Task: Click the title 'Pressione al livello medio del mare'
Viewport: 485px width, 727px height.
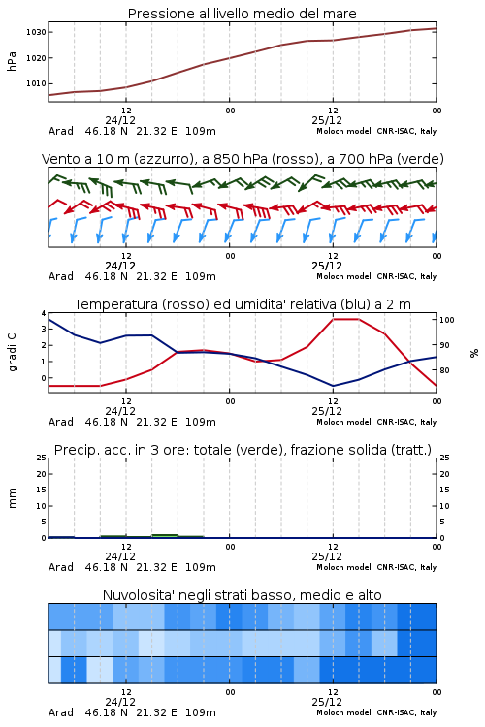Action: pyautogui.click(x=242, y=14)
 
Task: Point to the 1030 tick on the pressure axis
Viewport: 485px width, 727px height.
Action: pyautogui.click(x=36, y=32)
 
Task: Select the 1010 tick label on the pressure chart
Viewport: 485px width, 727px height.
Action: pyautogui.click(x=36, y=84)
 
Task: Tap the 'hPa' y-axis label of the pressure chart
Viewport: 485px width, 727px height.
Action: pyautogui.click(x=12, y=61)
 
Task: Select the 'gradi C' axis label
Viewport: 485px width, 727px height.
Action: pyautogui.click(x=13, y=352)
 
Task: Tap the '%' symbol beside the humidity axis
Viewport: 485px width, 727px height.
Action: pyautogui.click(x=474, y=353)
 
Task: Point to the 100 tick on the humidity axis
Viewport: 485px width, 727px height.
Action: pyautogui.click(x=447, y=320)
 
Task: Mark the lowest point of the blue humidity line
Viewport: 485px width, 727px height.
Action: pyautogui.click(x=333, y=386)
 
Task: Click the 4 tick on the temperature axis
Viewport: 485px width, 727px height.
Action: pyautogui.click(x=44, y=313)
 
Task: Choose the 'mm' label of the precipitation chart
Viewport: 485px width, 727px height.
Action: pyautogui.click(x=13, y=498)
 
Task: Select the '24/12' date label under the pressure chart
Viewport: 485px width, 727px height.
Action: pyautogui.click(x=120, y=120)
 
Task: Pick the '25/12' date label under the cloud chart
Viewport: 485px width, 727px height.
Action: pyautogui.click(x=327, y=702)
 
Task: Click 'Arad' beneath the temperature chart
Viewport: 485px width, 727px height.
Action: pyautogui.click(x=61, y=422)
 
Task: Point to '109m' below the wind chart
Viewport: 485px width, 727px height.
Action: pyautogui.click(x=201, y=276)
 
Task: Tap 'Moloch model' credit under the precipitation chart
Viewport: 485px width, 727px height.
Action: pyautogui.click(x=344, y=567)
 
